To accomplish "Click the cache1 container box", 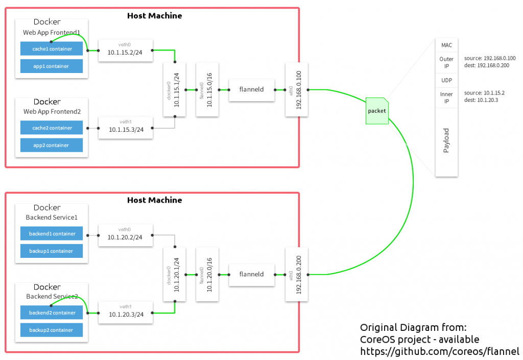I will coord(52,49).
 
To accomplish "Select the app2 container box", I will coord(52,145).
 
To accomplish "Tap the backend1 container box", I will coord(52,234).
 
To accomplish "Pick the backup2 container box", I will coord(52,330).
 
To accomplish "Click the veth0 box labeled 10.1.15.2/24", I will coord(126,50).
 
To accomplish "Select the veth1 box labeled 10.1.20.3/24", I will coord(126,313).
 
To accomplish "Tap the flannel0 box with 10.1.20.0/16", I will coord(207,274).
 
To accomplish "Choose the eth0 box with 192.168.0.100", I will coord(297,89).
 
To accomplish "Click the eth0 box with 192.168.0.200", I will coord(297,274).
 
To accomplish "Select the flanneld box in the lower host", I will coord(252,274).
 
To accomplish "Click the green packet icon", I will coord(377,111).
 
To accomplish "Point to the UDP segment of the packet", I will coord(446,81).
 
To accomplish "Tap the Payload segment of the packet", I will coord(446,140).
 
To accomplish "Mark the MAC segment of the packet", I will coord(446,45).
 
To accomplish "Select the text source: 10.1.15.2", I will coord(484,93).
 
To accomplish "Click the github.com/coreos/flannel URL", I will coord(439,351).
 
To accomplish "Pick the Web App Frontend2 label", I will coord(52,111).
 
